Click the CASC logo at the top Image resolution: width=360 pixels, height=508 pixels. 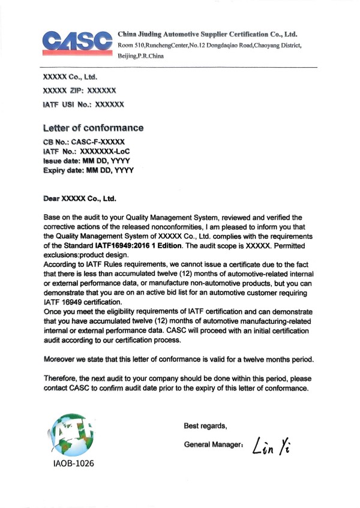click(77, 41)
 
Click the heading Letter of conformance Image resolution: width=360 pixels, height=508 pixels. click(94, 128)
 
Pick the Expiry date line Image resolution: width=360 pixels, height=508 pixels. click(89, 171)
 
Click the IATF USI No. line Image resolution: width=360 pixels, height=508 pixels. click(83, 104)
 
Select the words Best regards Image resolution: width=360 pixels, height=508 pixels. click(205, 426)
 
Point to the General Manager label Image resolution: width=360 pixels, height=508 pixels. click(213, 446)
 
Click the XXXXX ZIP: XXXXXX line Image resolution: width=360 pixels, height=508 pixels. click(80, 91)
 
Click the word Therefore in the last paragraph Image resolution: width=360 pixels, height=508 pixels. click(64, 378)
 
